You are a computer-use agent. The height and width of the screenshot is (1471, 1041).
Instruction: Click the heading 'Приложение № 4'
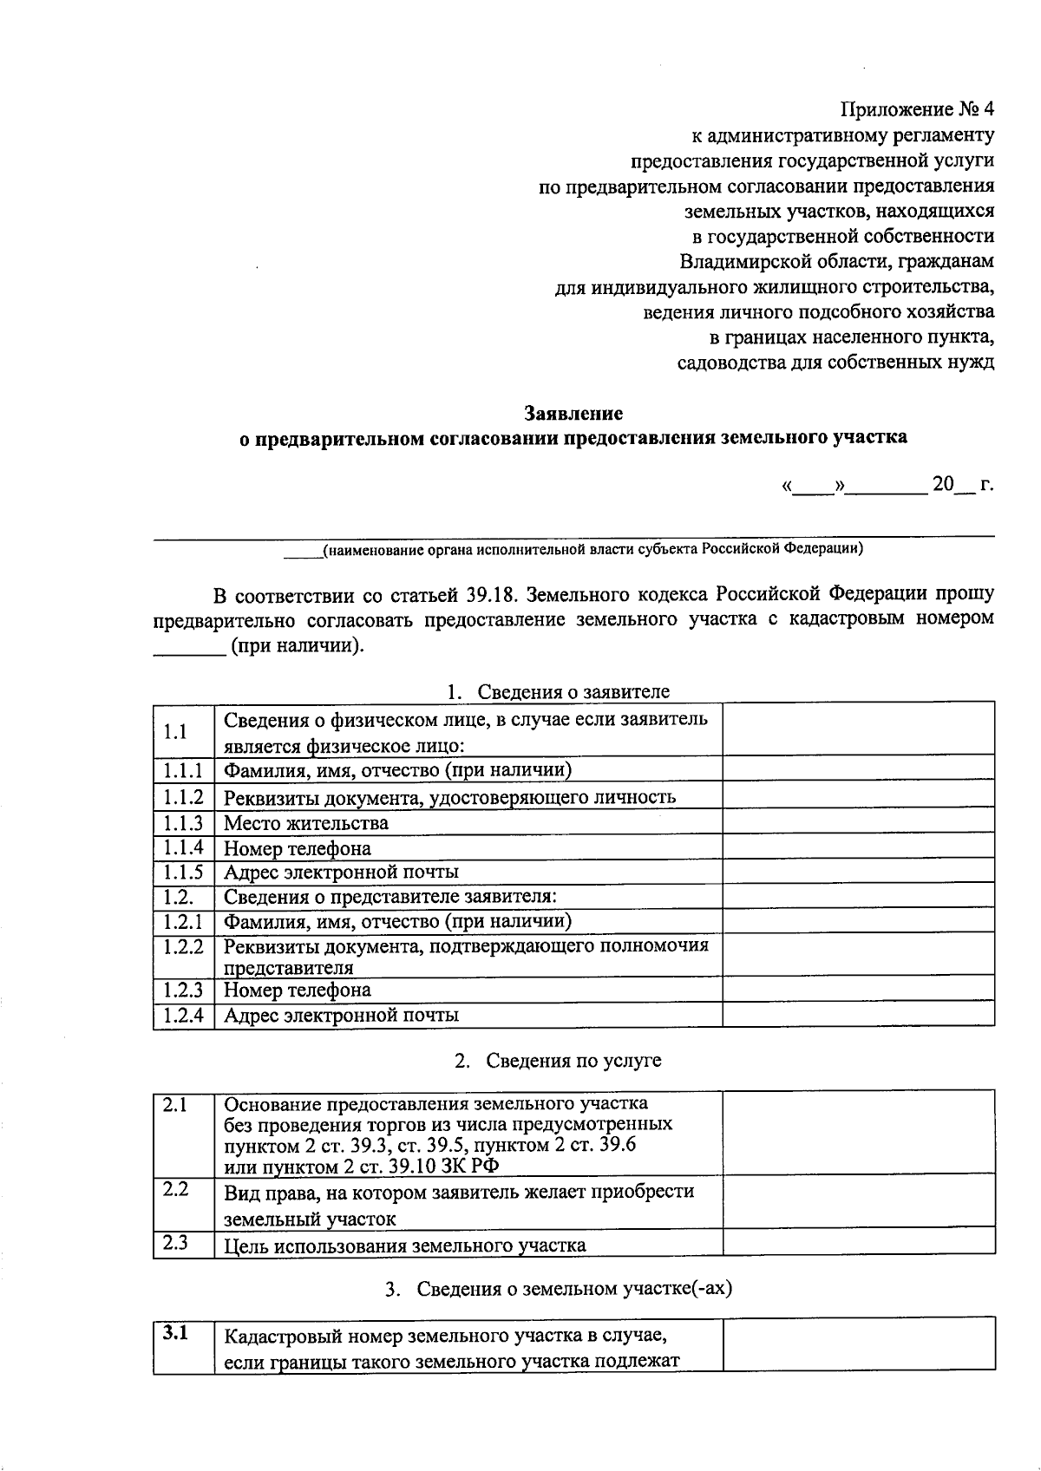pyautogui.click(x=917, y=110)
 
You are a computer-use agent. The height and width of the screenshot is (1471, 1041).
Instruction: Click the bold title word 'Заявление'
pyautogui.click(x=573, y=413)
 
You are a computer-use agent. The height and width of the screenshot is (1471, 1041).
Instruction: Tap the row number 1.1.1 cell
pyautogui.click(x=183, y=770)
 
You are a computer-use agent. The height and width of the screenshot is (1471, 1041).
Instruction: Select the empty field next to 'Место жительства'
pyautogui.click(x=858, y=822)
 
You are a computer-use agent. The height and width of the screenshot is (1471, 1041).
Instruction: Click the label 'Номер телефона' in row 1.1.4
pyautogui.click(x=298, y=848)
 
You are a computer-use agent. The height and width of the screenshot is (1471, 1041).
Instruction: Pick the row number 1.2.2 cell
pyautogui.click(x=183, y=946)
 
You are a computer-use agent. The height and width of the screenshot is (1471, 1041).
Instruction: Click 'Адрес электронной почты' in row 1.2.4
pyautogui.click(x=341, y=1015)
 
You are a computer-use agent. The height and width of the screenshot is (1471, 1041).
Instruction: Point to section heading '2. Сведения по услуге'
pyautogui.click(x=558, y=1060)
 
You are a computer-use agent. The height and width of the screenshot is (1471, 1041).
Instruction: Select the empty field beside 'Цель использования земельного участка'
pyautogui.click(x=858, y=1243)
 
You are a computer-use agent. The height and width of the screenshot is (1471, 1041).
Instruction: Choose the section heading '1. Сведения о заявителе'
pyautogui.click(x=558, y=691)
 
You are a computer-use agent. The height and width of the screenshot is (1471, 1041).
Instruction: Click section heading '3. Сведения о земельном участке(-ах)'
pyautogui.click(x=559, y=1288)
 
